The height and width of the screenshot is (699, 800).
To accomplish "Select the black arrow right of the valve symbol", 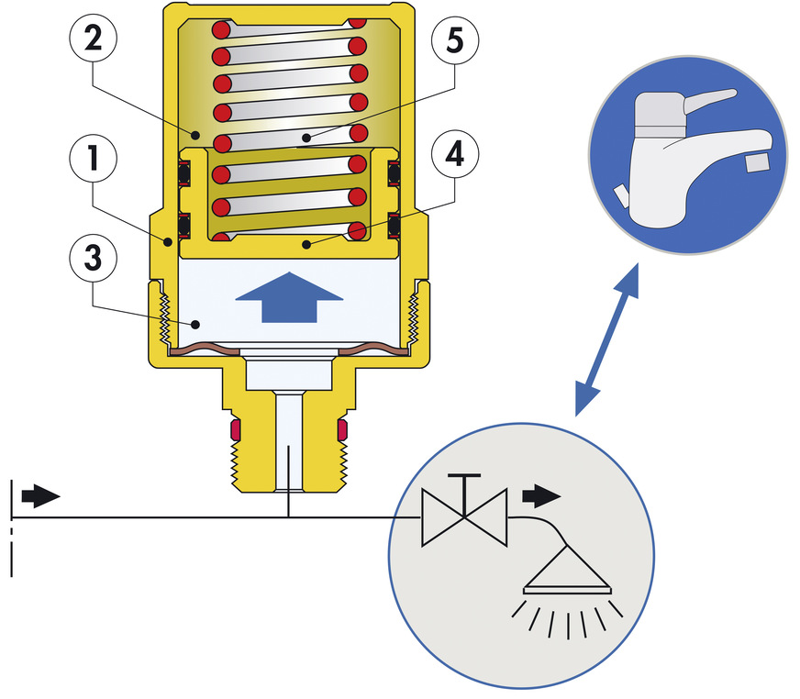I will click(541, 496).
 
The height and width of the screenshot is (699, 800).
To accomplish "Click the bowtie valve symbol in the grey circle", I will click(465, 518).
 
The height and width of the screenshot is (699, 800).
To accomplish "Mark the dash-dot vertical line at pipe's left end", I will click(11, 532).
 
